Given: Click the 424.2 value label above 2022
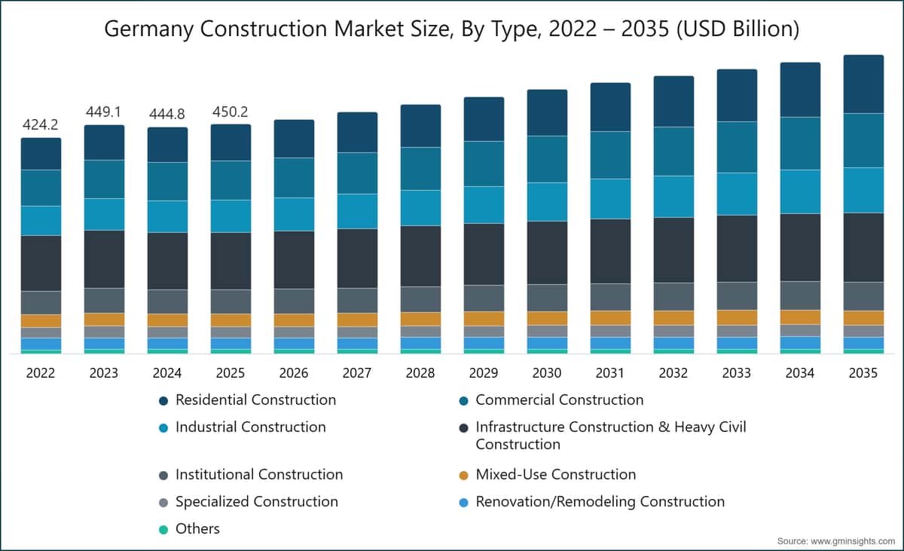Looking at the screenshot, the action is coord(41,124).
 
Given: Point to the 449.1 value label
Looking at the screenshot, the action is coord(104,112).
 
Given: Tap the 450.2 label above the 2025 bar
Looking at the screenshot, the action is coord(231,112).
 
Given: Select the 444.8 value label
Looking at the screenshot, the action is coord(167,115).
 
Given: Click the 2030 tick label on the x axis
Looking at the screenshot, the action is coord(547,373).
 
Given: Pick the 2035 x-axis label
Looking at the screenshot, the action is coord(863,373).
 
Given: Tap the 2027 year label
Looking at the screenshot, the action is coord(357,373).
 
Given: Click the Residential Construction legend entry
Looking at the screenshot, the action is coord(248,400).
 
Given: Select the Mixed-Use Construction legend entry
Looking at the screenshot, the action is coord(548,475).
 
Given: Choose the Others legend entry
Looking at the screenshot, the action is coord(190,529).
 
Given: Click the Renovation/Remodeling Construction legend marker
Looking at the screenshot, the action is coord(464,503).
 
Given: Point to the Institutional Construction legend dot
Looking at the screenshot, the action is coord(163,476).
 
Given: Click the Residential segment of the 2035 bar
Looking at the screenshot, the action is coord(863,84).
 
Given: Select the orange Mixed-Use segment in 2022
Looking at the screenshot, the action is coord(41,321).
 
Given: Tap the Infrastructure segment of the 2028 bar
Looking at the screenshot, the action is coord(420,256).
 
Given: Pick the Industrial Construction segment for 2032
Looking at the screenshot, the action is coord(674,197).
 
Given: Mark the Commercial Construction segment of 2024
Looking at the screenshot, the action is coord(167,181).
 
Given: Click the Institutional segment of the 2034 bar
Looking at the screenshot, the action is coord(800,295).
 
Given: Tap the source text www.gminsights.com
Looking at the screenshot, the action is coord(853,541).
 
